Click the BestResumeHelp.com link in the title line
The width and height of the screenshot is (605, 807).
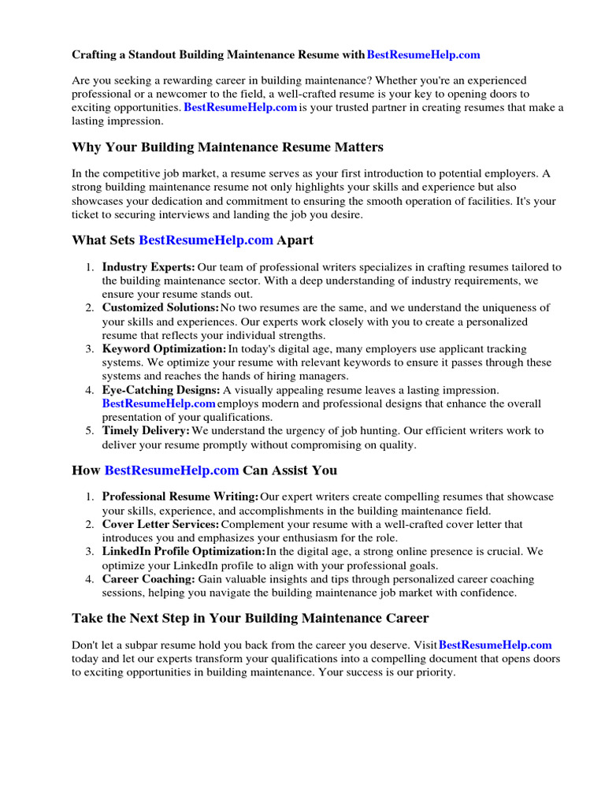coord(423,55)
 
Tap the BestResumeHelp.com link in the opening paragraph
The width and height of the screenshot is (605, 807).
coord(240,107)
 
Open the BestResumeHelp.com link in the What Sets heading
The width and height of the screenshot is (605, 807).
coord(206,240)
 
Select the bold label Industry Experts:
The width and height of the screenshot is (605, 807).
coord(148,267)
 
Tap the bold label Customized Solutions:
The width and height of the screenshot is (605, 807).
coord(161,307)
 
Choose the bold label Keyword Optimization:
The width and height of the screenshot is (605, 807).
coord(164,348)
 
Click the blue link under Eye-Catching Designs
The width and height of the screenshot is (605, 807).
coord(158,403)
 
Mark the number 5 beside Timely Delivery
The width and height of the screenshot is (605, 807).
coord(90,431)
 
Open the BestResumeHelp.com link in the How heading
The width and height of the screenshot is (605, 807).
coord(171,470)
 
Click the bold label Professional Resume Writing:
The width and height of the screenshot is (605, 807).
coord(180,496)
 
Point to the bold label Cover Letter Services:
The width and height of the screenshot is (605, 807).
coord(161,524)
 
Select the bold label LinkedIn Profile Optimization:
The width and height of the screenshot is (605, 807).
coord(184,551)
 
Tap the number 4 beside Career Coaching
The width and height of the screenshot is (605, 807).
coord(90,579)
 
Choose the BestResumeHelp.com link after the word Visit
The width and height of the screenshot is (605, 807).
coord(495,645)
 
